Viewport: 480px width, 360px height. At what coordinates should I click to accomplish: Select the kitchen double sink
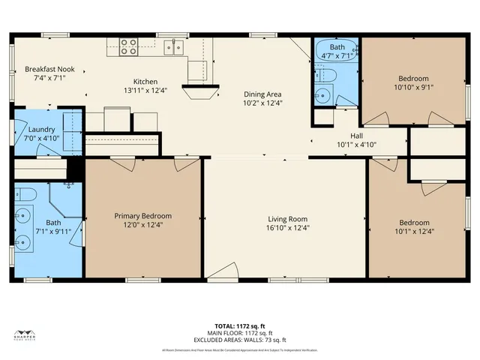(x=175, y=47)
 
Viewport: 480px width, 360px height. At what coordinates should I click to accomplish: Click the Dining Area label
(x=262, y=94)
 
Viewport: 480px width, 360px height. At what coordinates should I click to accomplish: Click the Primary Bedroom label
(x=142, y=215)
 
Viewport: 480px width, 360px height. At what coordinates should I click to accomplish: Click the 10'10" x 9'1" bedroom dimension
(x=413, y=87)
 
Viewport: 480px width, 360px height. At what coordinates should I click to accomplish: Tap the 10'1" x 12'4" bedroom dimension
(x=414, y=232)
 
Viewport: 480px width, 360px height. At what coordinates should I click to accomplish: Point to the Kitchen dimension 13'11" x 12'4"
(x=145, y=90)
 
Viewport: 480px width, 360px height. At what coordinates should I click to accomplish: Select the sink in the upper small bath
(x=322, y=94)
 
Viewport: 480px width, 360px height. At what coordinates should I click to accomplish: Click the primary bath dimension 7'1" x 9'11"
(x=53, y=232)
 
